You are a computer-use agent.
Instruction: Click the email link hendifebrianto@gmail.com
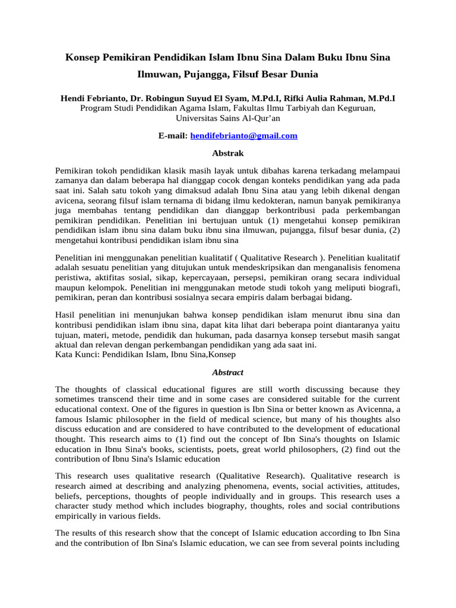pyautogui.click(x=243, y=136)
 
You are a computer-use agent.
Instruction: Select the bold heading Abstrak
pyautogui.click(x=228, y=153)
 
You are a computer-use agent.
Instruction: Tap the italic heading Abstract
pyautogui.click(x=228, y=372)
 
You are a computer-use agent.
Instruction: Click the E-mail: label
pyautogui.click(x=173, y=136)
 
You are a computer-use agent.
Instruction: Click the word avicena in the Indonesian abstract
pyautogui.click(x=69, y=202)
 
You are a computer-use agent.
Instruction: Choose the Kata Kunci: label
pyautogui.click(x=78, y=354)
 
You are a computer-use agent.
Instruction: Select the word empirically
pyautogui.click(x=79, y=516)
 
